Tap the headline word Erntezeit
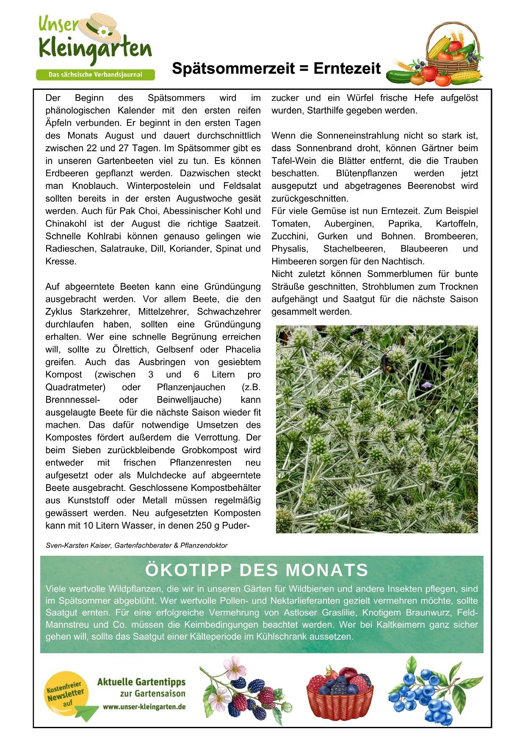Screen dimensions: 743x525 347,68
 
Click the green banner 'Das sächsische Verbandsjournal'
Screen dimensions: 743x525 95,75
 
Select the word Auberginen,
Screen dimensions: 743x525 349,224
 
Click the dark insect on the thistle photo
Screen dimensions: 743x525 386,363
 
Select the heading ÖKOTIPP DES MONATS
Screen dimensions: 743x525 257,570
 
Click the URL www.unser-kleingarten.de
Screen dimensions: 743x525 144,707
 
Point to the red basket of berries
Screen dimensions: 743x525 340,691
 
